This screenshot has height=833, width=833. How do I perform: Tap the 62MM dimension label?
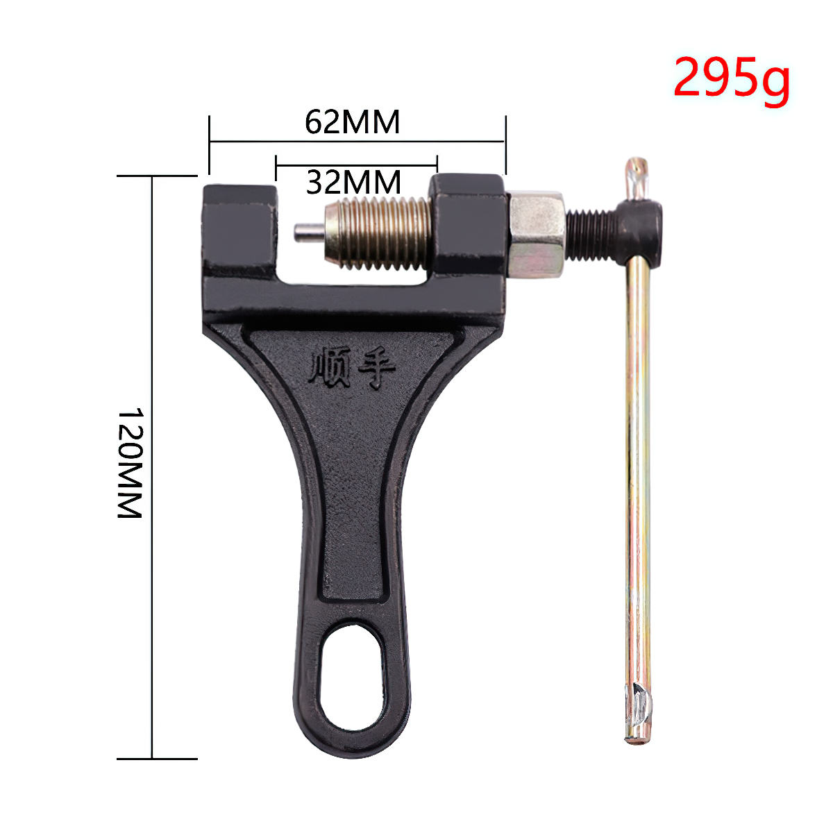353,122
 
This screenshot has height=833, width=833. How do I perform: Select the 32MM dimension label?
353,182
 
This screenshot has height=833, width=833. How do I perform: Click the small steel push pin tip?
309,233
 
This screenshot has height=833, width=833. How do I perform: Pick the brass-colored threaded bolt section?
378,233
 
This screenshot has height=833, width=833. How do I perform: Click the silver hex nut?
537,234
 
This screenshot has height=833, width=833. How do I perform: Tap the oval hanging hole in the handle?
353,675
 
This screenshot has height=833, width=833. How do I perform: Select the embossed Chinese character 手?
376,367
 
